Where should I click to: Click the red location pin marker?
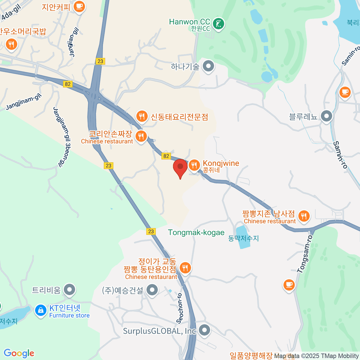pyautogui.click(x=180, y=167)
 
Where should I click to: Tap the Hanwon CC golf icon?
pyautogui.click(x=219, y=24)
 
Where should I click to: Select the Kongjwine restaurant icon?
pyautogui.click(x=194, y=165)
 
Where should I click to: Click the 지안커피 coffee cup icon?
pyautogui.click(x=79, y=6)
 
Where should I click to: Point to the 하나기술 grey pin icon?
pyautogui.click(x=208, y=66)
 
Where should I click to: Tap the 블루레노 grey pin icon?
pyautogui.click(x=326, y=116)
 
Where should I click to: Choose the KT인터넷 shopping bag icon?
pyautogui.click(x=40, y=310)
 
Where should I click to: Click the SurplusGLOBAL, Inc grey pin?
pyautogui.click(x=205, y=330)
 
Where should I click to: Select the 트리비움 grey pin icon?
pyautogui.click(x=70, y=290)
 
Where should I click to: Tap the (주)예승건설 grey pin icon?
pyautogui.click(x=152, y=290)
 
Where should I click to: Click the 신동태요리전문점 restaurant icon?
pyautogui.click(x=142, y=116)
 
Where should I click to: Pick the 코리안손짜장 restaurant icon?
pyautogui.click(x=141, y=136)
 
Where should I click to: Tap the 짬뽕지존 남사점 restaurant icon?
pyautogui.click(x=304, y=216)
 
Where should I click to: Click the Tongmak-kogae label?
pyautogui.click(x=196, y=232)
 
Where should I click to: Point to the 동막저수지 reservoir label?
pyautogui.click(x=243, y=238)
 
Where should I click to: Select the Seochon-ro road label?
pyautogui.click(x=180, y=308)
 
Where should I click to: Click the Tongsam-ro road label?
pyautogui.click(x=305, y=254)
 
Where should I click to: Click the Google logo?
pyautogui.click(x=19, y=353)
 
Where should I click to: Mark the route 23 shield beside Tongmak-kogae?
pyautogui.click(x=151, y=231)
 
